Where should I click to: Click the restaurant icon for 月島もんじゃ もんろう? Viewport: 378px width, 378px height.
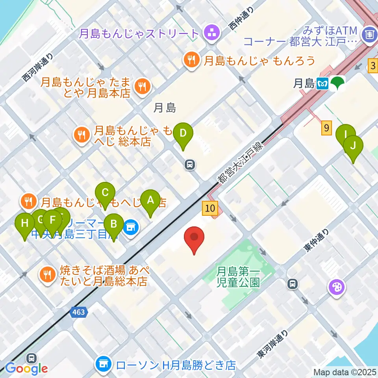pos(191,61)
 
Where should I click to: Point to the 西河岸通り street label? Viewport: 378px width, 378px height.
pos(37,68)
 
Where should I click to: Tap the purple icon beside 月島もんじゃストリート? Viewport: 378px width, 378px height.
pos(211,33)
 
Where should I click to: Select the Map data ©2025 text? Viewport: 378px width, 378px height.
pos(345,371)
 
